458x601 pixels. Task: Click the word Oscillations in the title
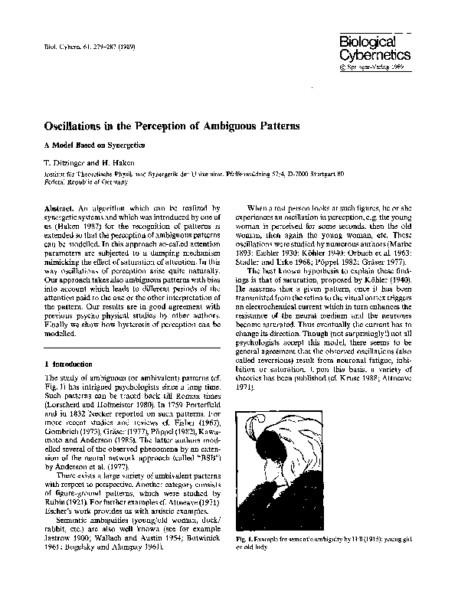click(77, 124)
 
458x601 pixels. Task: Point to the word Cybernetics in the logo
click(375, 55)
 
